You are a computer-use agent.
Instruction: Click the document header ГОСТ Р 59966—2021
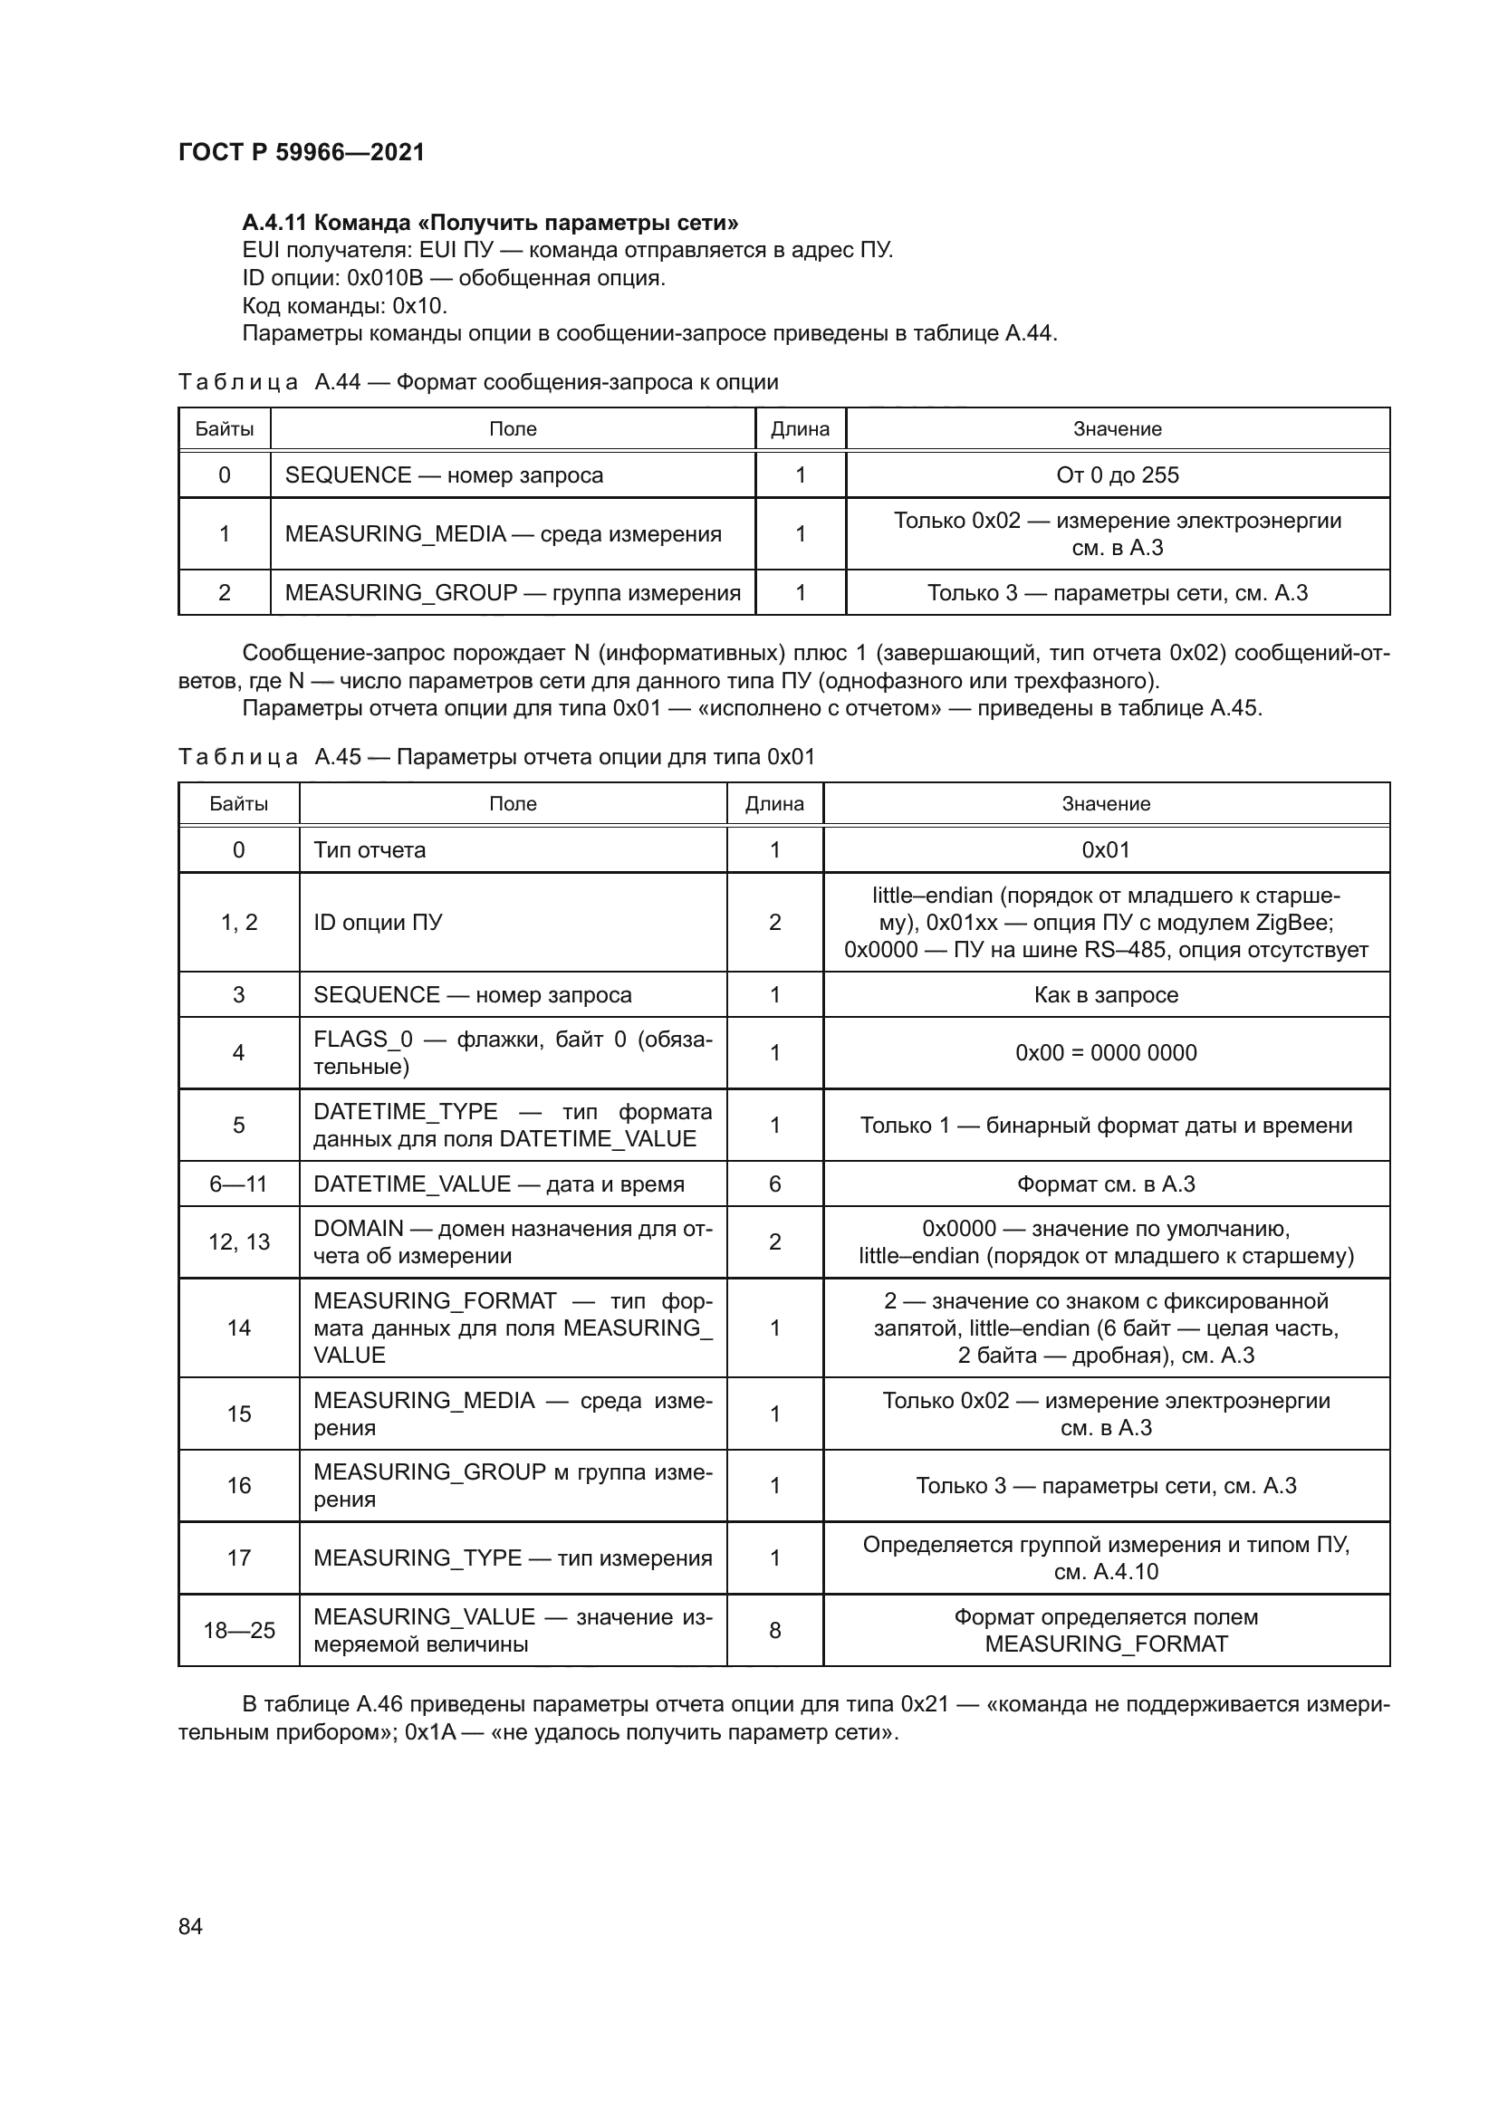point(302,152)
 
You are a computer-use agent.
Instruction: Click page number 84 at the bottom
point(190,1926)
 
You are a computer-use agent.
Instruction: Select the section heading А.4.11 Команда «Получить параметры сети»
point(490,223)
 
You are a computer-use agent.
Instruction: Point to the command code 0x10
point(418,305)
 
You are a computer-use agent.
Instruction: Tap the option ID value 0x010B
point(384,278)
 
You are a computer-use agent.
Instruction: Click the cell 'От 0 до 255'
point(1117,475)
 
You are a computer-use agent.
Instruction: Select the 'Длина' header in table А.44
point(800,429)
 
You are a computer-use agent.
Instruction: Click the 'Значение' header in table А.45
point(1105,803)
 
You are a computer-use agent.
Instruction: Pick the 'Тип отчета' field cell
point(370,849)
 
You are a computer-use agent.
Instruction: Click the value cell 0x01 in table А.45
point(1105,849)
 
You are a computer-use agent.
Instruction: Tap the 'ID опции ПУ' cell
point(379,923)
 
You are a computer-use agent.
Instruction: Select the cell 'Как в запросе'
point(1105,994)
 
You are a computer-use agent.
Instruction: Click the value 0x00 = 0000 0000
point(1105,1052)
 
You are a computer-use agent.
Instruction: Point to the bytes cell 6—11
point(238,1184)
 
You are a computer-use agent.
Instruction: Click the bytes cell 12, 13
point(238,1241)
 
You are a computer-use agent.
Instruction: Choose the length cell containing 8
point(775,1630)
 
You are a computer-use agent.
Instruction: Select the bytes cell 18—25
point(238,1630)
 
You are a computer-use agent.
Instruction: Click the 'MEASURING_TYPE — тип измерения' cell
point(512,1558)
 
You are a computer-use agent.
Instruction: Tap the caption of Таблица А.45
point(496,757)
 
